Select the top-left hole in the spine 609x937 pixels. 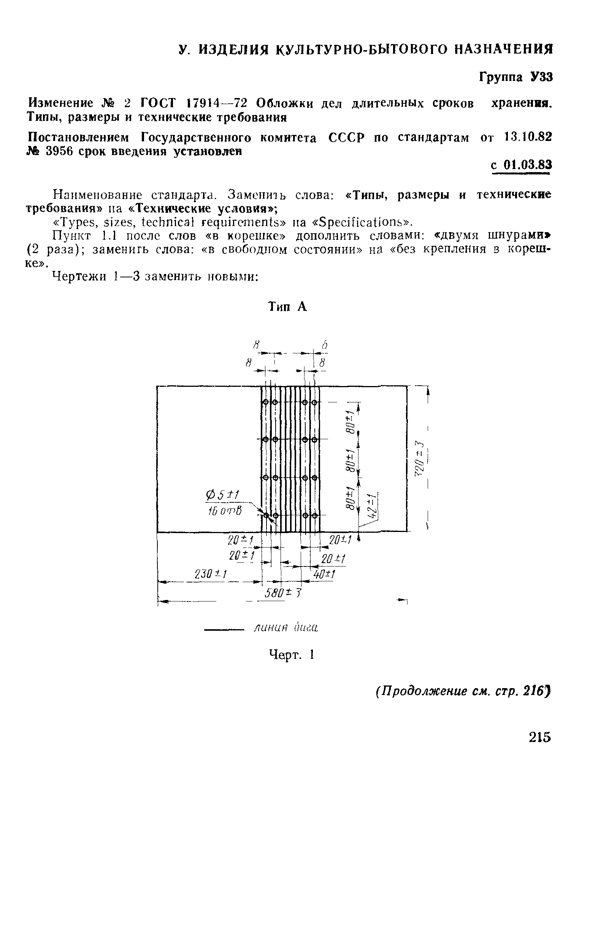pyautogui.click(x=265, y=402)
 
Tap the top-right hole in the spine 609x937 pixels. pyautogui.click(x=314, y=402)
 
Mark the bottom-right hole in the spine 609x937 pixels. pyautogui.click(x=314, y=515)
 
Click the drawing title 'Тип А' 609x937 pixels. pyautogui.click(x=287, y=306)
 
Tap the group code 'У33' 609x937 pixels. pyautogui.click(x=541, y=77)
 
